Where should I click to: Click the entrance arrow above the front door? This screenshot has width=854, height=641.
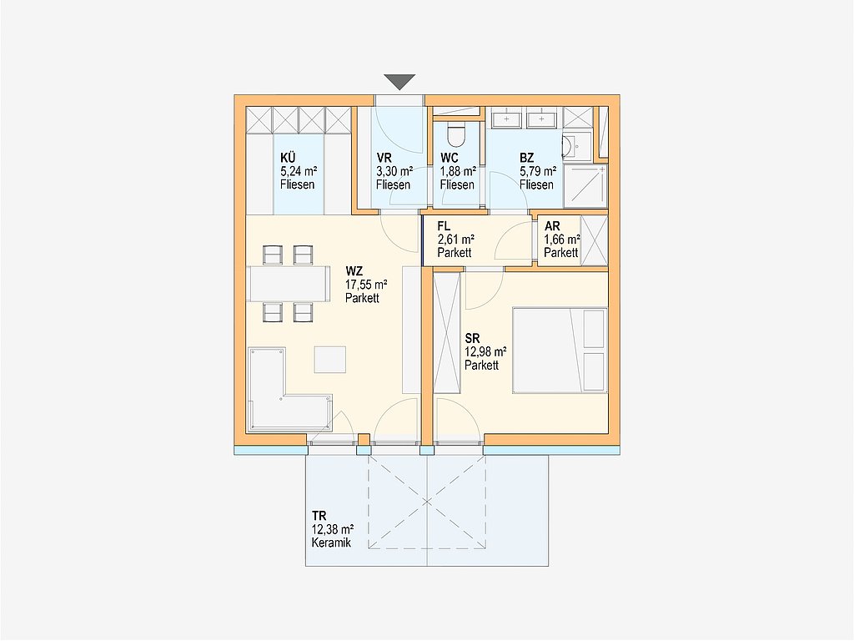[399, 82]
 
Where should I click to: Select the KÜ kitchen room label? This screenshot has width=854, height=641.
[288, 158]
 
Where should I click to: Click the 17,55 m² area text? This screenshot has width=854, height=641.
[366, 285]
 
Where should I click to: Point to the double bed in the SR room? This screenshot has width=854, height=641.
[560, 351]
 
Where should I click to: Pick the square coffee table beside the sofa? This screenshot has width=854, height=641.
[329, 360]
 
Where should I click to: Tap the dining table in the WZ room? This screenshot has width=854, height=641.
[289, 284]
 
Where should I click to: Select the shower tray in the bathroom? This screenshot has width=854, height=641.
[585, 186]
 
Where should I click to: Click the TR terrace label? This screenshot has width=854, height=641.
[319, 516]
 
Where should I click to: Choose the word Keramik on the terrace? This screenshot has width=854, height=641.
[331, 543]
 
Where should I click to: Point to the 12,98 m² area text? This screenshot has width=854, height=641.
[485, 352]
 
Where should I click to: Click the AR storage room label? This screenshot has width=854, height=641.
[552, 226]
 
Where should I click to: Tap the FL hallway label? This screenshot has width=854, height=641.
[444, 226]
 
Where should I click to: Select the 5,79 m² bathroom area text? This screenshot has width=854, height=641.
[538, 172]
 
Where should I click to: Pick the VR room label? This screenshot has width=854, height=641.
[384, 158]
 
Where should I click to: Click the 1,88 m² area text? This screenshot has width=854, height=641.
[458, 172]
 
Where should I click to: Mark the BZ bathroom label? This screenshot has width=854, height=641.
[527, 158]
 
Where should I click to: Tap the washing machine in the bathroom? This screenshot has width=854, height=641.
[577, 147]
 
